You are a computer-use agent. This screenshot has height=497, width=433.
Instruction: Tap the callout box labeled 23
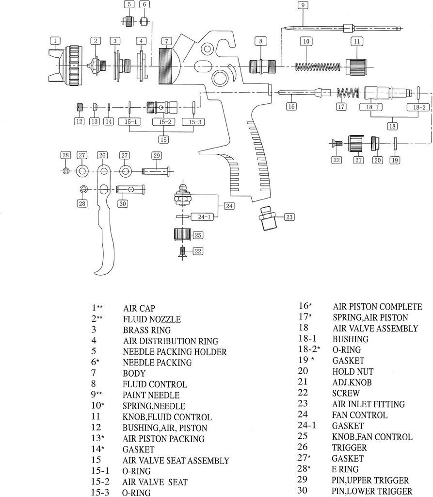(x=289, y=217)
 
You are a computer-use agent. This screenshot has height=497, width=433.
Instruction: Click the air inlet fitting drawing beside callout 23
(x=266, y=218)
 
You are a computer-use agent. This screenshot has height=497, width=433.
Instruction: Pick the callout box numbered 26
(x=102, y=155)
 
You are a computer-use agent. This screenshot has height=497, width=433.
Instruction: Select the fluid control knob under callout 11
(x=357, y=65)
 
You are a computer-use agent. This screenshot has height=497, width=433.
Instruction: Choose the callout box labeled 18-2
(x=419, y=107)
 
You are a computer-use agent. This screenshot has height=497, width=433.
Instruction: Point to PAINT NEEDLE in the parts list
(x=151, y=395)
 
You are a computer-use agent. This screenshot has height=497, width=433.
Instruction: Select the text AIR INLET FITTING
(x=369, y=404)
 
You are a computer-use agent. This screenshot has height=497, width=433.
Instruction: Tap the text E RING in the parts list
(x=345, y=469)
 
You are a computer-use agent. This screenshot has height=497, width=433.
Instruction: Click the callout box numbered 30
(x=122, y=203)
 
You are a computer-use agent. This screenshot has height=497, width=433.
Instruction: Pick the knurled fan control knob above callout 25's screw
(x=183, y=235)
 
